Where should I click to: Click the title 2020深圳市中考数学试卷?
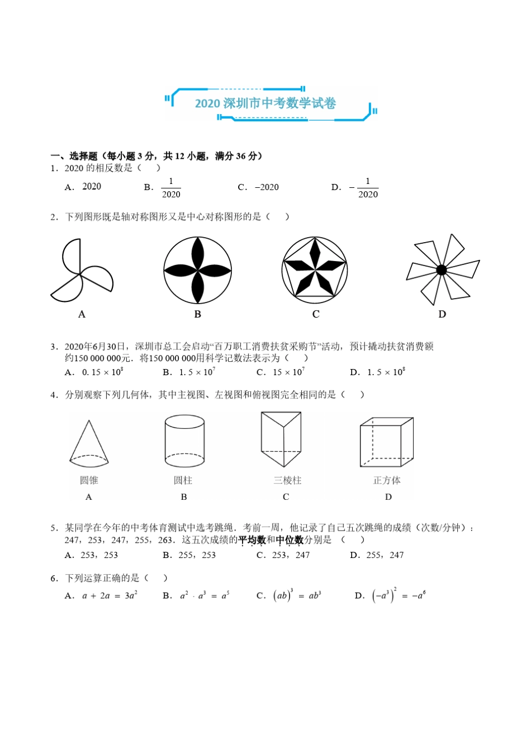coord(265,103)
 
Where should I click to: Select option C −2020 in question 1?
coord(258,187)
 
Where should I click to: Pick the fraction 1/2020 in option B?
coord(170,188)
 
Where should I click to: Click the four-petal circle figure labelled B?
coord(197,271)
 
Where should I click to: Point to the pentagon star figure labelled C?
coord(315,270)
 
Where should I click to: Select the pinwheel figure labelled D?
coord(442,269)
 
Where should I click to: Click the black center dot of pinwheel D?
coord(442,270)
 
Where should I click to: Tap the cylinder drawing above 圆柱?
coord(184,441)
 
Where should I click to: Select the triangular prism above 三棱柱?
coord(281,439)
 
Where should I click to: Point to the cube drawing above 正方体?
coord(386,442)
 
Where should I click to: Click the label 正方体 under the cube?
coord(387,480)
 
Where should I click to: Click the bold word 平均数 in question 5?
coord(252,540)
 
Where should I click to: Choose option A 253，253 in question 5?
coord(92,555)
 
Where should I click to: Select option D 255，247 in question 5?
coord(377,555)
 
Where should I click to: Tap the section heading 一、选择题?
coord(74,156)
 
